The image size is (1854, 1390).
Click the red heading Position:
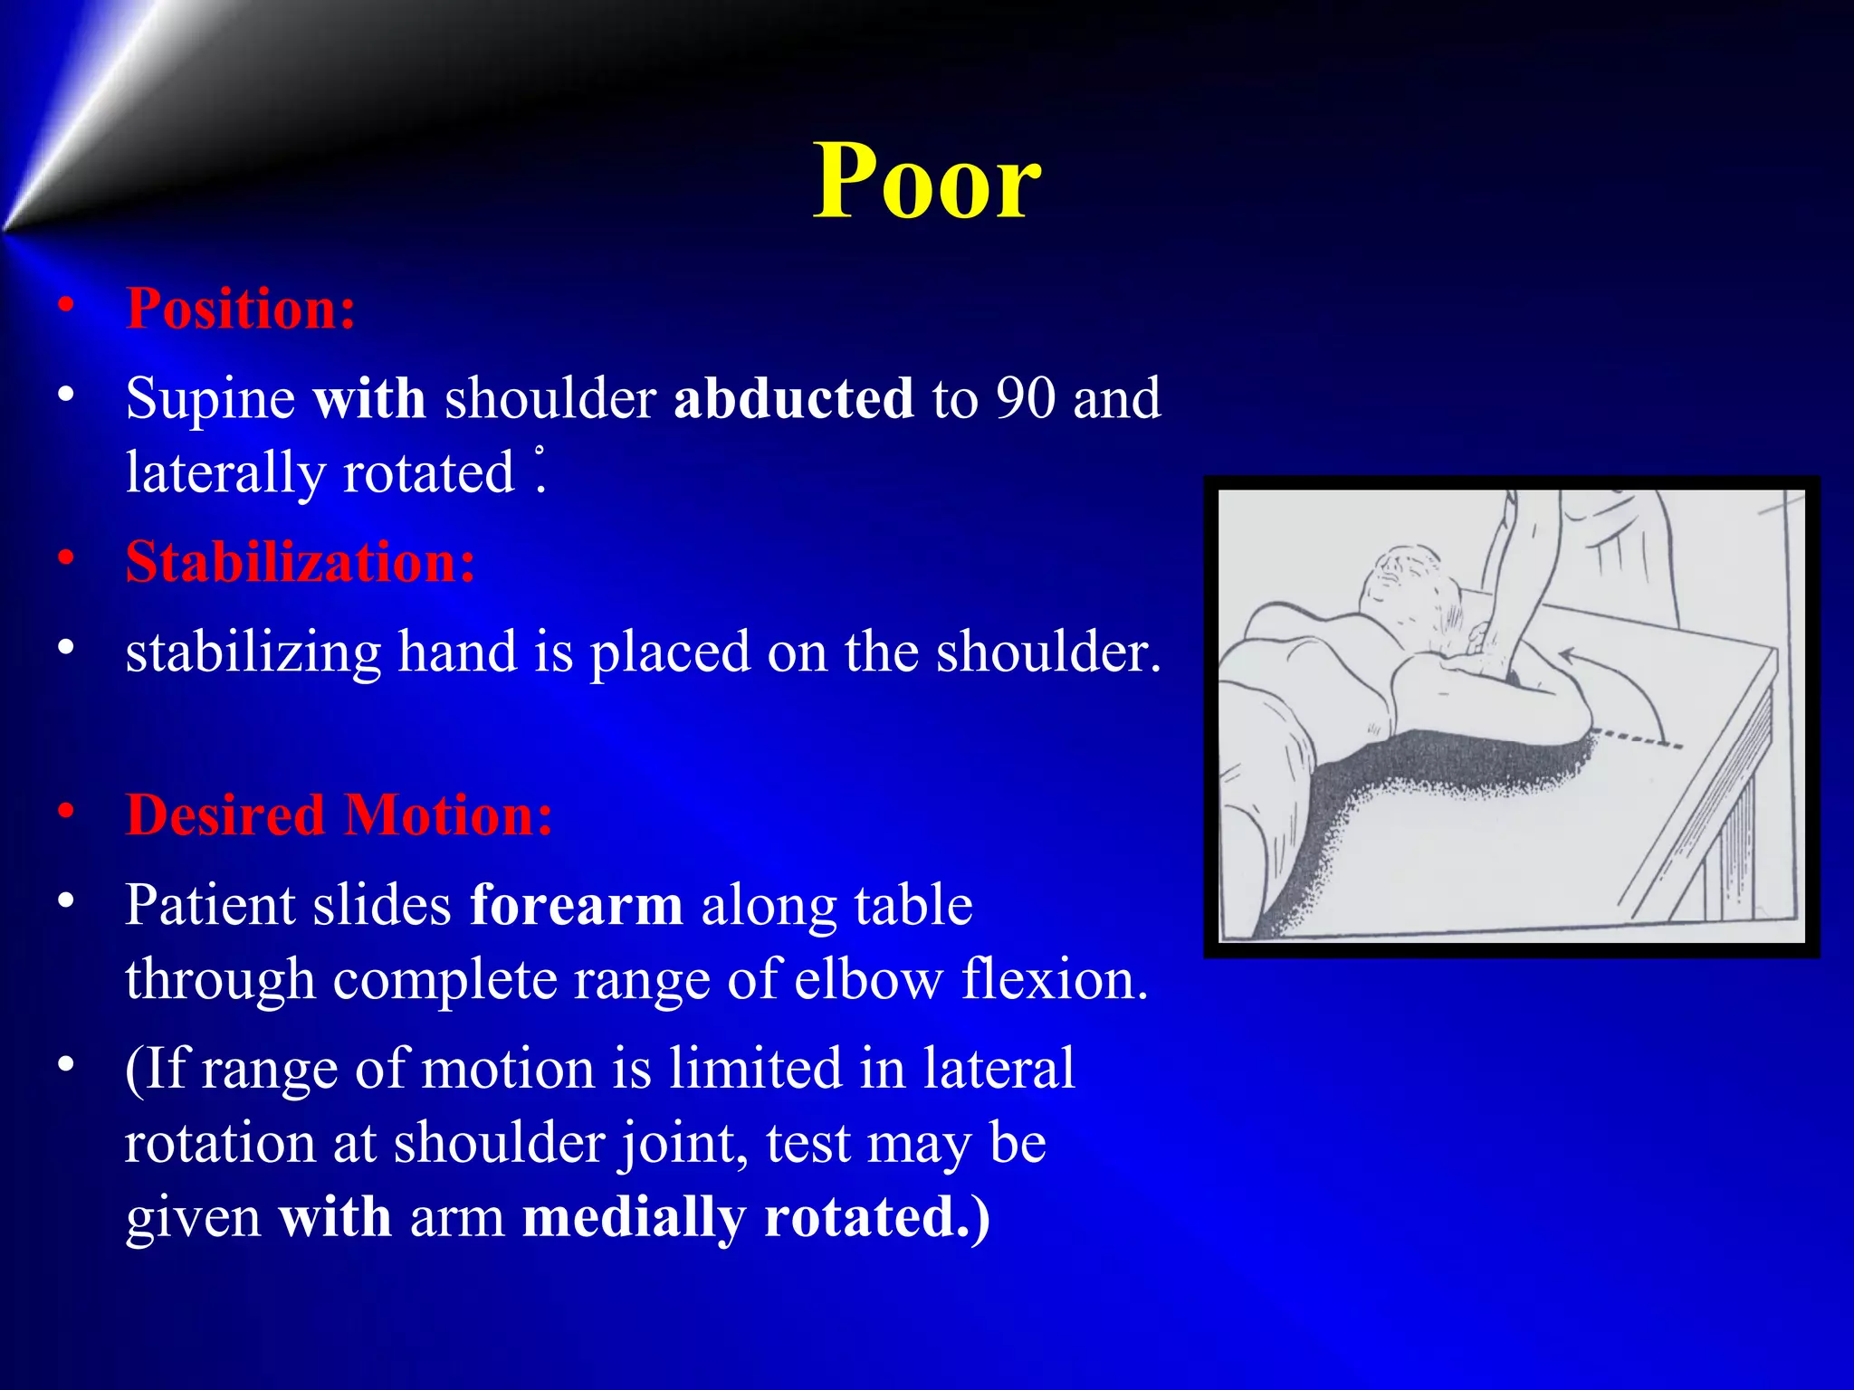click(241, 309)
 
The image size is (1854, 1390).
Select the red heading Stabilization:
click(300, 562)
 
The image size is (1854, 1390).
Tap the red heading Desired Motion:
click(339, 814)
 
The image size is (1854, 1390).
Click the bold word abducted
click(793, 398)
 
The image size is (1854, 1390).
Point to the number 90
click(1025, 398)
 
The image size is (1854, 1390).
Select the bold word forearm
click(577, 905)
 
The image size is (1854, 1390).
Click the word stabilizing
click(253, 653)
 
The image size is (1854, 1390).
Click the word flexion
click(1054, 979)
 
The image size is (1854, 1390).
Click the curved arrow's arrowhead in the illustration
click(1568, 653)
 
